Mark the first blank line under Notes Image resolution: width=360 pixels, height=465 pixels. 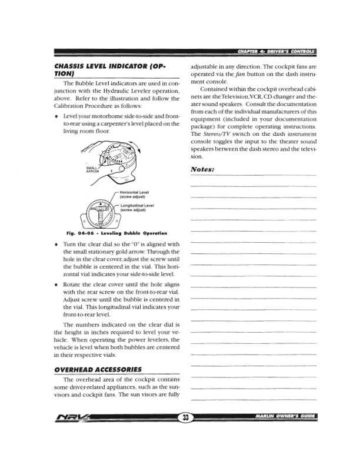point(254,176)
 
